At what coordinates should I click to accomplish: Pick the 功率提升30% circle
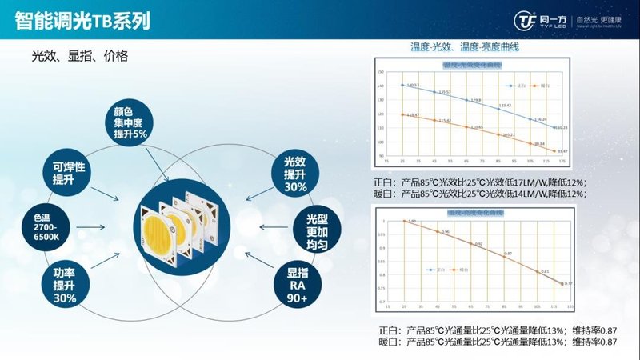64,284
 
